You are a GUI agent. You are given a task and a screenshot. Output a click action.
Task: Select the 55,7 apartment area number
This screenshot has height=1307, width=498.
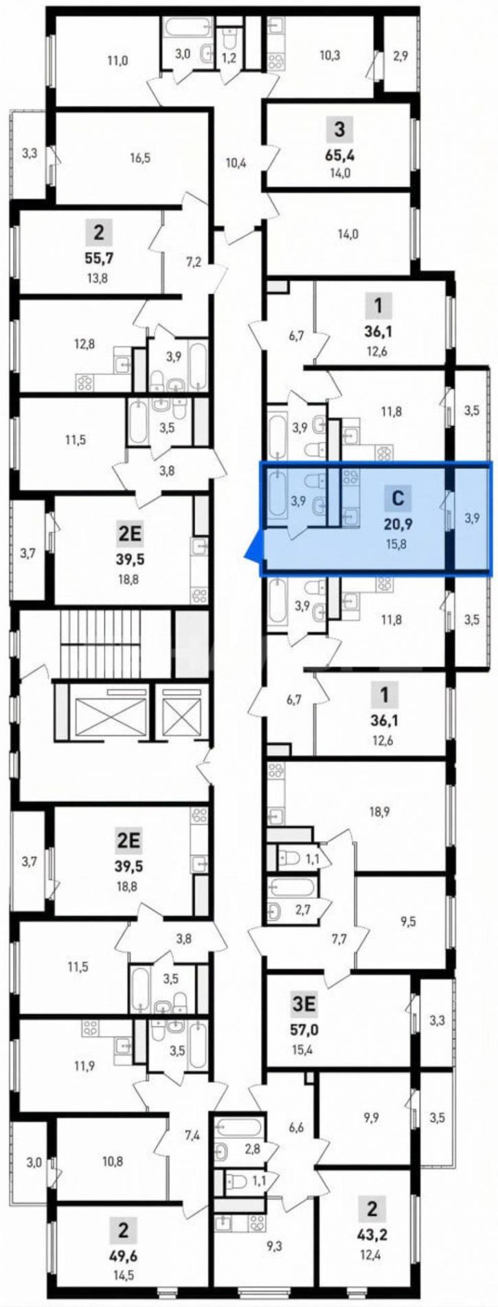click(100, 259)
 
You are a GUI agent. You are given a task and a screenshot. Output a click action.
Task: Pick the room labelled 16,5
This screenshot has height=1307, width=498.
click(139, 157)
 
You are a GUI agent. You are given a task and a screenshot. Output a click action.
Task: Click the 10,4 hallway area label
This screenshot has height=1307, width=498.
click(236, 163)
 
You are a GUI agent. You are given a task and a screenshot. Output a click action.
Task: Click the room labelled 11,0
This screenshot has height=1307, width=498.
click(117, 60)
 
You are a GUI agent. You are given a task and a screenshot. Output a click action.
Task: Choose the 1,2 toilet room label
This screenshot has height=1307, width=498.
click(229, 58)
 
